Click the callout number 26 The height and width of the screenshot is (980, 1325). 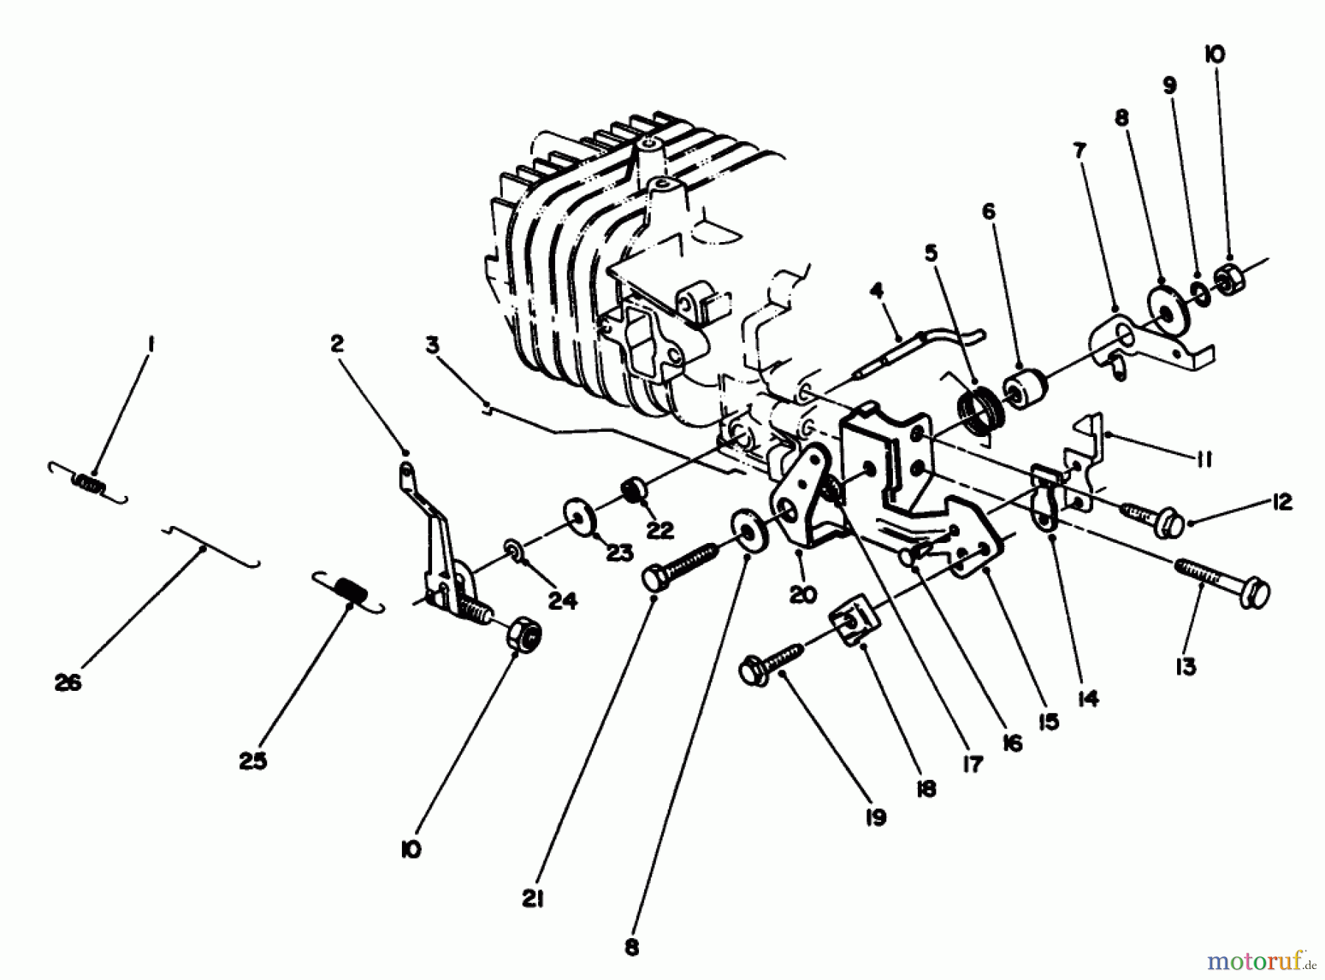68,682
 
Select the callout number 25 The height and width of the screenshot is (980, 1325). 252,761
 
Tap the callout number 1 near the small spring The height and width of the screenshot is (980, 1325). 149,344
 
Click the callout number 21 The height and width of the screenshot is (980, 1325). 534,899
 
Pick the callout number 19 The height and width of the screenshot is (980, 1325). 876,817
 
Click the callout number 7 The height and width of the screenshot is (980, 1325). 1079,152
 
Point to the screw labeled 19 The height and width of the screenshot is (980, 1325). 771,660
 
